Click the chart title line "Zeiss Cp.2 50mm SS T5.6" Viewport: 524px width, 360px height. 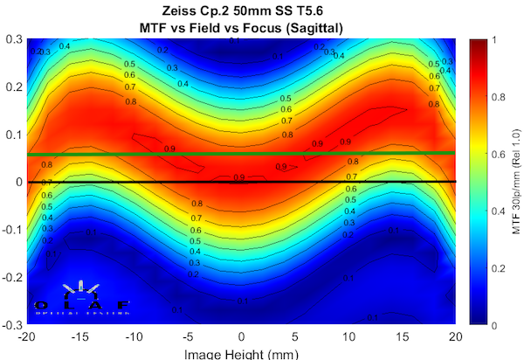pos(241,10)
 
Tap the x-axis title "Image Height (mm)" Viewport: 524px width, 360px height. pos(241,354)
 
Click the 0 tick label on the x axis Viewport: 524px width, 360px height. pos(241,336)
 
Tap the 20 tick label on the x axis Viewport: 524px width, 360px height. pos(454,336)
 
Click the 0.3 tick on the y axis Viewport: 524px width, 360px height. pos(16,39)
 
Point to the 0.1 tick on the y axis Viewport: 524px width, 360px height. pos(16,135)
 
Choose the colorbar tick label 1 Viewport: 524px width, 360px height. pos(497,39)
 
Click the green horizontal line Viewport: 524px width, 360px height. pos(241,154)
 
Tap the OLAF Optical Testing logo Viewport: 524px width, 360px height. pos(81,297)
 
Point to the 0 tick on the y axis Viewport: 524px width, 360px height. pos(19,182)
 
